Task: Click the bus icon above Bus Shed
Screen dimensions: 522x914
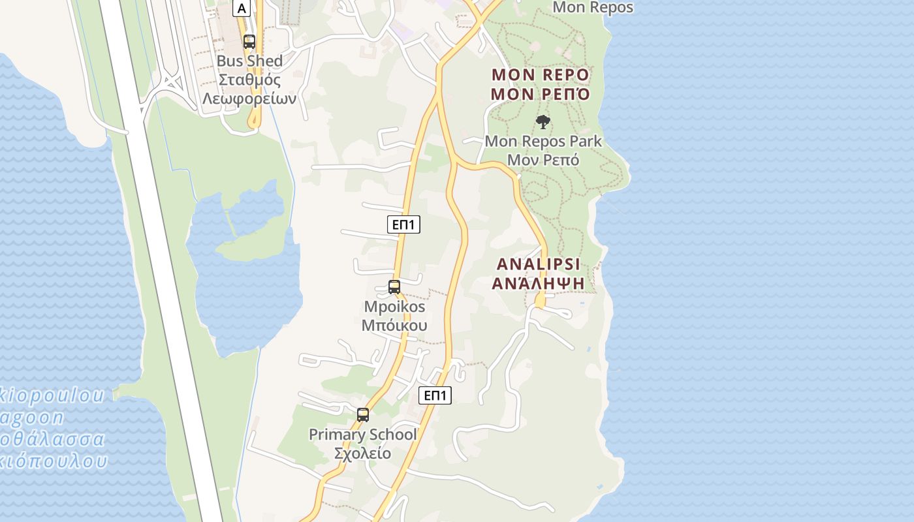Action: pos(249,42)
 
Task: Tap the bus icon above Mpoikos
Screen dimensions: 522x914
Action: pos(394,287)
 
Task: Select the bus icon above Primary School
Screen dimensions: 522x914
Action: pos(363,415)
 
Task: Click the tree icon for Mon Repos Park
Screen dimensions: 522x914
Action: pos(543,122)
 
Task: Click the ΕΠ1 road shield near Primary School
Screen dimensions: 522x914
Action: pos(435,395)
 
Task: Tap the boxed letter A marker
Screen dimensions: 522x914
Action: pos(242,8)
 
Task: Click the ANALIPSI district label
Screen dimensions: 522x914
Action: pos(539,264)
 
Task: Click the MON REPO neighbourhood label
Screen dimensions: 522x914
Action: pos(540,74)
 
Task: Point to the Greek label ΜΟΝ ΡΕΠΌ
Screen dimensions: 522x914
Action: pos(540,94)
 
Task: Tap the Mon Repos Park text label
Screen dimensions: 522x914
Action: pos(543,141)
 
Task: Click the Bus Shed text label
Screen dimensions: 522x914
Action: pos(249,61)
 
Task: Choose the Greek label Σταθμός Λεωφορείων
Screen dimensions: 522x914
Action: pos(249,89)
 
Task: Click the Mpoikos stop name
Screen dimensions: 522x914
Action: pos(394,307)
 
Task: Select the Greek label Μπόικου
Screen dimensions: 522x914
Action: pos(394,325)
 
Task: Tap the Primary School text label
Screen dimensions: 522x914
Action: pos(362,435)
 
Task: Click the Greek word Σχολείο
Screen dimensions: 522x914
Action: pos(362,453)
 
